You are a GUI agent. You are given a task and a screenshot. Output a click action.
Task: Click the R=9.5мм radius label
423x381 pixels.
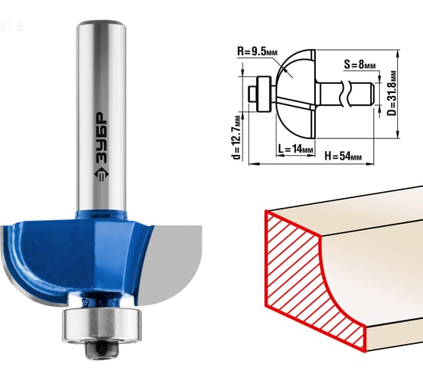tap(257, 51)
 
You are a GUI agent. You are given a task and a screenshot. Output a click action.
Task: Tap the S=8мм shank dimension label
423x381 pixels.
tap(360, 65)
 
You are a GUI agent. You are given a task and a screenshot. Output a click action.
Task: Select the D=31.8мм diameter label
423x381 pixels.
tap(392, 93)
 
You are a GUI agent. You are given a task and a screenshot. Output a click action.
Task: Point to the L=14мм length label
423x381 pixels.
tap(295, 149)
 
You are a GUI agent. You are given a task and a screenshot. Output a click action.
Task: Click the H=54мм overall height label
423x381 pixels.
tap(343, 156)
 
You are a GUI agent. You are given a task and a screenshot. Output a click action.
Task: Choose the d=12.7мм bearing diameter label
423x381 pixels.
tap(236, 138)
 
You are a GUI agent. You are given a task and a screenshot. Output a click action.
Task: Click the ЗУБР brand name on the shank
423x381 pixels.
tap(101, 138)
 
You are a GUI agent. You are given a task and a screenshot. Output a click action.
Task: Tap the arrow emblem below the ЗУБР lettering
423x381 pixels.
tap(101, 174)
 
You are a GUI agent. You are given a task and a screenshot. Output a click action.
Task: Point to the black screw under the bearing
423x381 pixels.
tap(102, 349)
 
